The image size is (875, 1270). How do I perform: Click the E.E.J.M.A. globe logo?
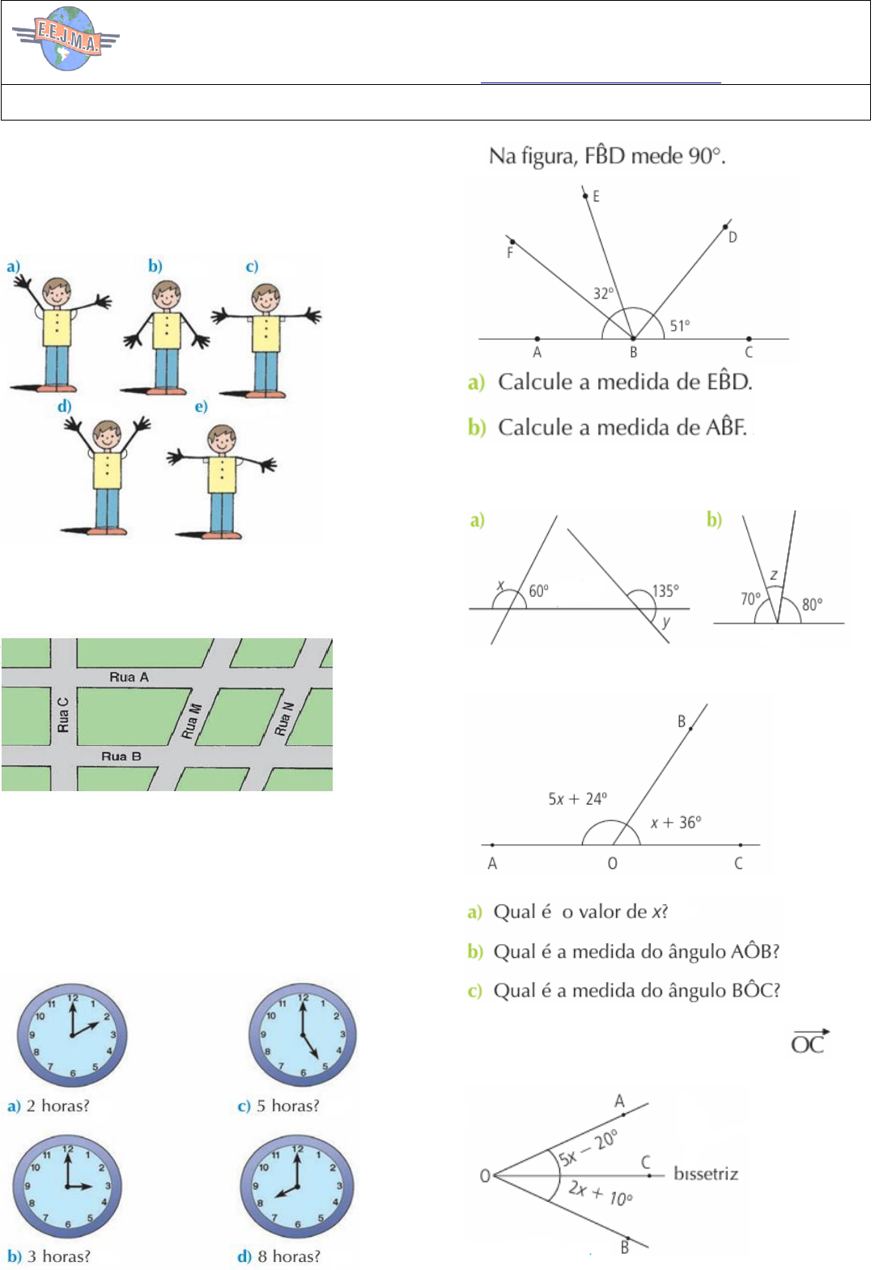click(x=66, y=39)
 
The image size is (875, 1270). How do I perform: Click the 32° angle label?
click(x=603, y=294)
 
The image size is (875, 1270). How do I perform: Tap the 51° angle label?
click(x=680, y=326)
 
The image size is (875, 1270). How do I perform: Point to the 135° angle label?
click(x=665, y=591)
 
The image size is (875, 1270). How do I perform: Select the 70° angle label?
click(x=750, y=599)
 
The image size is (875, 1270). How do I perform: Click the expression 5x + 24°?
click(x=577, y=799)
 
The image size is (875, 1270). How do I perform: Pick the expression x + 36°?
click(x=676, y=823)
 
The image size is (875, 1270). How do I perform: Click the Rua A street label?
click(x=129, y=677)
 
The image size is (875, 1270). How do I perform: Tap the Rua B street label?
click(x=121, y=756)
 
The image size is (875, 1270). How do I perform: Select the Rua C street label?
click(x=63, y=715)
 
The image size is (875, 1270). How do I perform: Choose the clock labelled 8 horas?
click(x=297, y=1187)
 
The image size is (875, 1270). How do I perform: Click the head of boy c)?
click(x=266, y=298)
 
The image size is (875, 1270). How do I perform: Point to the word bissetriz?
click(x=706, y=1174)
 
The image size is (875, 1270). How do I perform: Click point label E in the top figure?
click(x=596, y=197)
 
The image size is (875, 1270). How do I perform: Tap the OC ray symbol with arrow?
click(x=809, y=1043)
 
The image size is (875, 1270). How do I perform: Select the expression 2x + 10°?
click(x=600, y=1192)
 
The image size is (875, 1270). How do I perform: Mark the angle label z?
click(x=774, y=575)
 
